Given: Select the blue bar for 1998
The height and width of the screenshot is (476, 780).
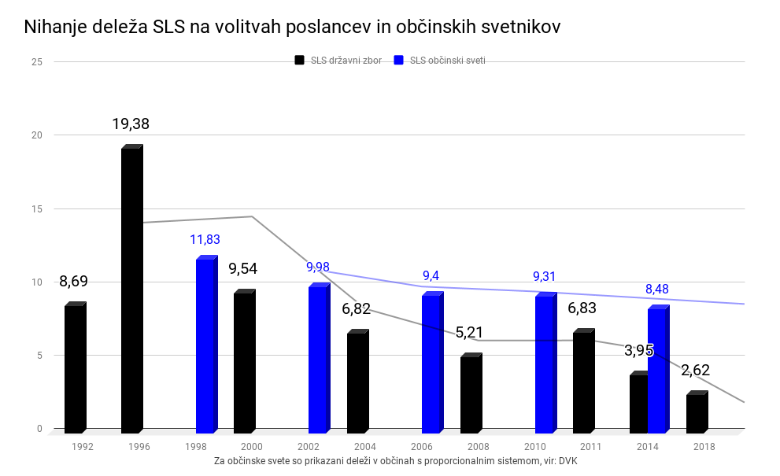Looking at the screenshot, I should pos(205,346).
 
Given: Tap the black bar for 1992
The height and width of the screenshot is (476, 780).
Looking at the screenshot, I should pos(75,368).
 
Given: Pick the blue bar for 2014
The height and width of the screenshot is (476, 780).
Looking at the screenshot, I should pos(658,370).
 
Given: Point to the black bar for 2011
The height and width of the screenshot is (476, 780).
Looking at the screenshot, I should pos(583,382).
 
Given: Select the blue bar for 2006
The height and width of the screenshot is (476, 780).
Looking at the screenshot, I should pos(432,363).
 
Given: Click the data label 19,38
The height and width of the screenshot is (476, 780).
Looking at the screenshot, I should pos(131,124).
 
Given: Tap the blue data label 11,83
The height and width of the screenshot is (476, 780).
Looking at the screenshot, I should pos(205,239).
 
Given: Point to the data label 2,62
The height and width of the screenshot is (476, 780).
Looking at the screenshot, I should pos(696,370).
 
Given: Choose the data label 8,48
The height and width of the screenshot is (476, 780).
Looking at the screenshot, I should pos(656,289).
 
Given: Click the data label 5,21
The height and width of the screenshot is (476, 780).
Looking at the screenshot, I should pos(469,333).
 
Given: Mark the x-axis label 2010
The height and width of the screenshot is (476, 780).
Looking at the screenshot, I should pos(534,446).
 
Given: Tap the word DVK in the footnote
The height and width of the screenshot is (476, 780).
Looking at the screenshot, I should pos(568,461).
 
